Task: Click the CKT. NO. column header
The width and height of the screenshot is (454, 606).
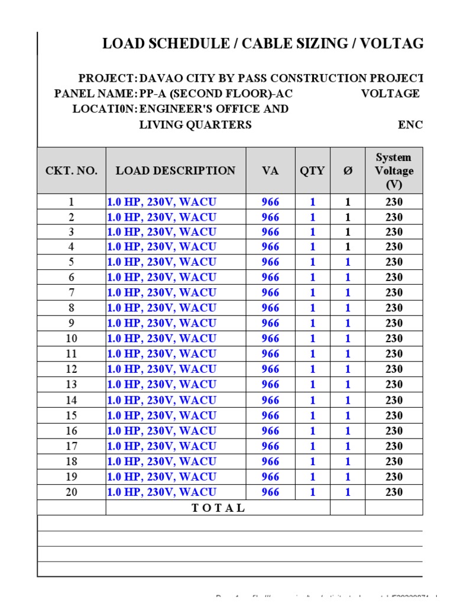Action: click(x=71, y=171)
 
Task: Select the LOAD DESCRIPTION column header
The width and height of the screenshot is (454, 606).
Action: click(x=176, y=171)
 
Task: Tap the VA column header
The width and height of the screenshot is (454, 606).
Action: click(x=270, y=171)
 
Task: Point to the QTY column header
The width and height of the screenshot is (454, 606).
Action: click(x=312, y=171)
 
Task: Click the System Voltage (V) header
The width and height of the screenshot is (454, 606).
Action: click(x=394, y=171)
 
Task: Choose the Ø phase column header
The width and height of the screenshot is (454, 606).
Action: click(x=348, y=171)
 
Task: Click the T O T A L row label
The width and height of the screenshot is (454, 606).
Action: click(x=218, y=508)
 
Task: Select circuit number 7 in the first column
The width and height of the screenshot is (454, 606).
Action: click(x=72, y=292)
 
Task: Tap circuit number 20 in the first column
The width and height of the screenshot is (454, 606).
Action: click(x=72, y=492)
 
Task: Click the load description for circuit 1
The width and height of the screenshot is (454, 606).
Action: click(x=161, y=202)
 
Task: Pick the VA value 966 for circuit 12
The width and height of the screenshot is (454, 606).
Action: click(x=270, y=369)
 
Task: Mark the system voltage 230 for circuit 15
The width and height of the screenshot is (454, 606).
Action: click(x=394, y=415)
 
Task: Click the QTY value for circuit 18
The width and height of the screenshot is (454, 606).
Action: click(x=312, y=462)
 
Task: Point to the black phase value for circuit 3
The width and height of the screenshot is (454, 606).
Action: click(x=348, y=232)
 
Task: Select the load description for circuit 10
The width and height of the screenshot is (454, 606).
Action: click(x=161, y=339)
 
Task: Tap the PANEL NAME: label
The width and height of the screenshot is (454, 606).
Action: click(x=95, y=94)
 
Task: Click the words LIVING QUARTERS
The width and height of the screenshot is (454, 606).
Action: click(x=195, y=125)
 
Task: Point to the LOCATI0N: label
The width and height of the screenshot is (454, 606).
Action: click(x=105, y=109)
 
